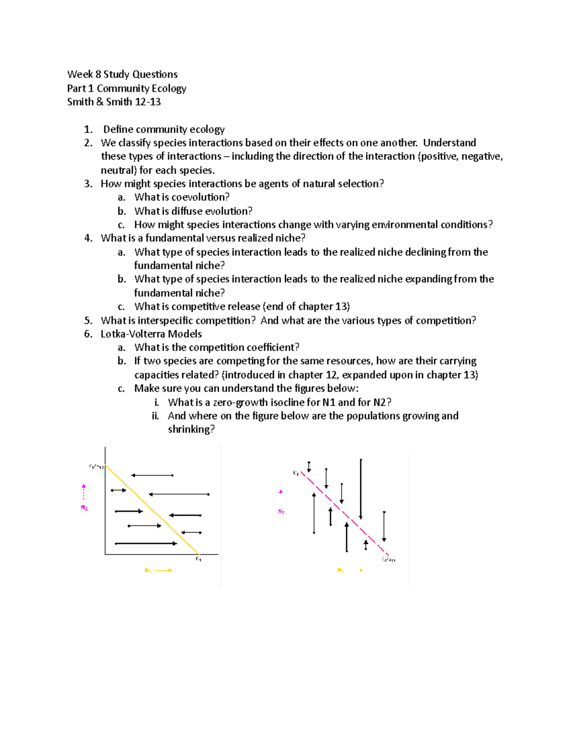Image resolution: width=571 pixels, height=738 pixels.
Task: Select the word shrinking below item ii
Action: click(191, 430)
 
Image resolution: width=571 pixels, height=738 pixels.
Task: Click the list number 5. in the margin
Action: click(88, 321)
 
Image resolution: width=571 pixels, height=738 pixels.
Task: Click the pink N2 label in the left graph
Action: click(84, 508)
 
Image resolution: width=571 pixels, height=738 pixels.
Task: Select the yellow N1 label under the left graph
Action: click(148, 570)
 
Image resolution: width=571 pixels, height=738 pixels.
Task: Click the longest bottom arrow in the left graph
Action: click(146, 543)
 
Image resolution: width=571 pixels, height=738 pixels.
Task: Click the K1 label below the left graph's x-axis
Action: click(198, 559)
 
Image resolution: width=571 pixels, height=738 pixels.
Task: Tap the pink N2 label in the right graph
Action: click(281, 512)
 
